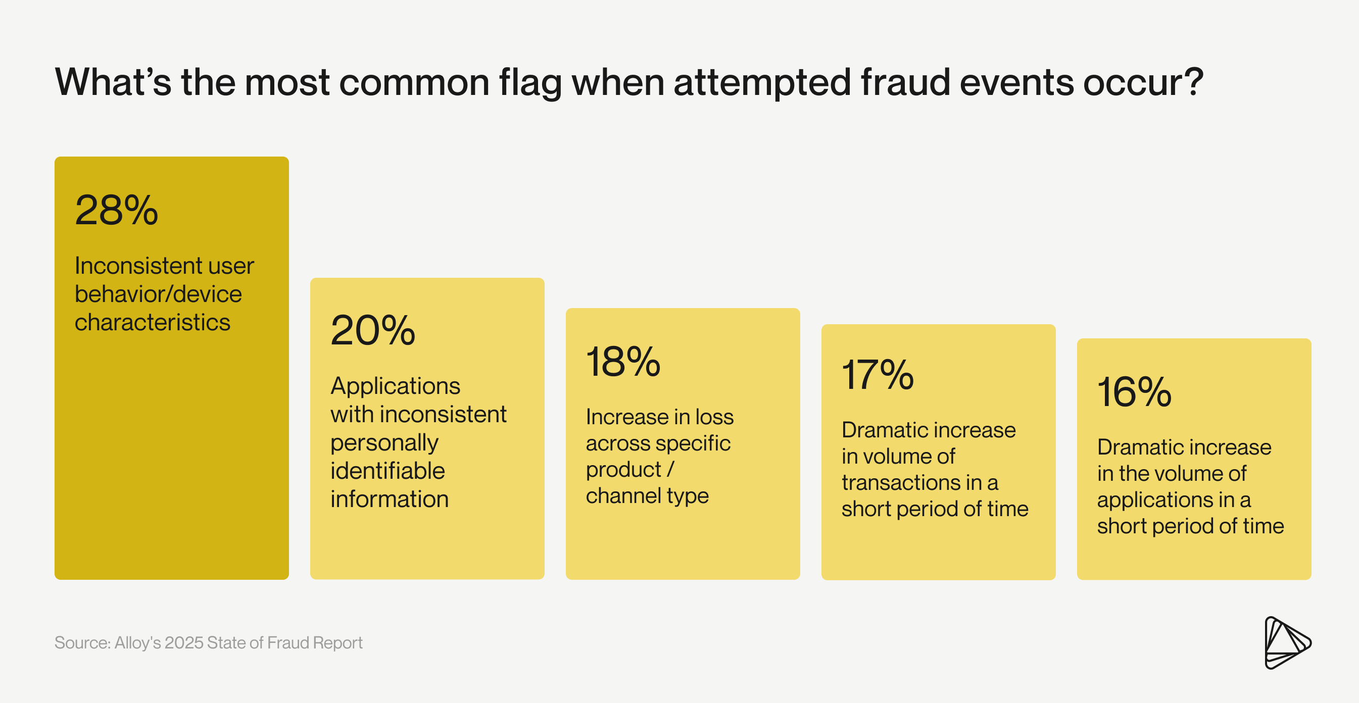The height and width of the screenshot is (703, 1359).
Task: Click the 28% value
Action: click(x=117, y=210)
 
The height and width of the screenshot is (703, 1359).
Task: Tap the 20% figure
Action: click(x=373, y=330)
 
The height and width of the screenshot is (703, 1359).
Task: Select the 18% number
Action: click(x=623, y=362)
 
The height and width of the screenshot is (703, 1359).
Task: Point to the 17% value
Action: click(x=878, y=375)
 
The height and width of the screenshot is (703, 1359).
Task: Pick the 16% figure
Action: click(x=1134, y=392)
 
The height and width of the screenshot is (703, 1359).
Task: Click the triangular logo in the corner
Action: click(x=1287, y=642)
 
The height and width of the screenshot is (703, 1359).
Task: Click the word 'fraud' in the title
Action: click(x=905, y=82)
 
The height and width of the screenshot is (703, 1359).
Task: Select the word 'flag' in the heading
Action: click(x=530, y=83)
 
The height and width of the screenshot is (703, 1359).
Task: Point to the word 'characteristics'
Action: click(x=153, y=322)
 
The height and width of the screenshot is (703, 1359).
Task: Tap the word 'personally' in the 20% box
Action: click(x=384, y=443)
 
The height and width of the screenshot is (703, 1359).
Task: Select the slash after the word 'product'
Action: click(x=670, y=469)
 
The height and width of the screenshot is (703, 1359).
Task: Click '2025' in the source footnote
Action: click(x=183, y=642)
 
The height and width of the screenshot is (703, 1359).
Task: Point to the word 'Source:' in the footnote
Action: click(x=82, y=642)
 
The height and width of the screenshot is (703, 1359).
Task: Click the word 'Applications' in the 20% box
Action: click(x=395, y=386)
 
